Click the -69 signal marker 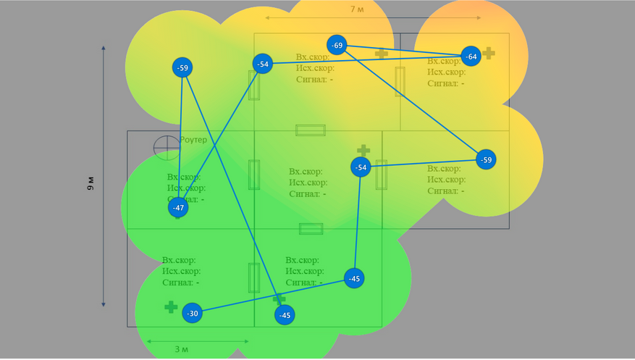[337, 45]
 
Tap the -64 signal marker [471, 56]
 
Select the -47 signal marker [178, 208]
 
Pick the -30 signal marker [192, 313]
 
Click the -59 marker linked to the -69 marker [486, 159]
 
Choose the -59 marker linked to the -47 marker [182, 68]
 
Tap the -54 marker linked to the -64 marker [262, 64]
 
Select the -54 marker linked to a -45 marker [361, 167]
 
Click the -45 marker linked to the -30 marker [353, 278]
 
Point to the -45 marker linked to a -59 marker [285, 314]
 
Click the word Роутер [193, 139]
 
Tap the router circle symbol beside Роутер [165, 147]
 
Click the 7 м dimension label [357, 9]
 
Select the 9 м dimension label [91, 183]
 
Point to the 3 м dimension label [181, 349]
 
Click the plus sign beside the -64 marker [489, 53]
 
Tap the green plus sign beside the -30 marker [171, 307]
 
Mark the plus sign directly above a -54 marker [363, 150]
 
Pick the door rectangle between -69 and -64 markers [400, 80]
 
